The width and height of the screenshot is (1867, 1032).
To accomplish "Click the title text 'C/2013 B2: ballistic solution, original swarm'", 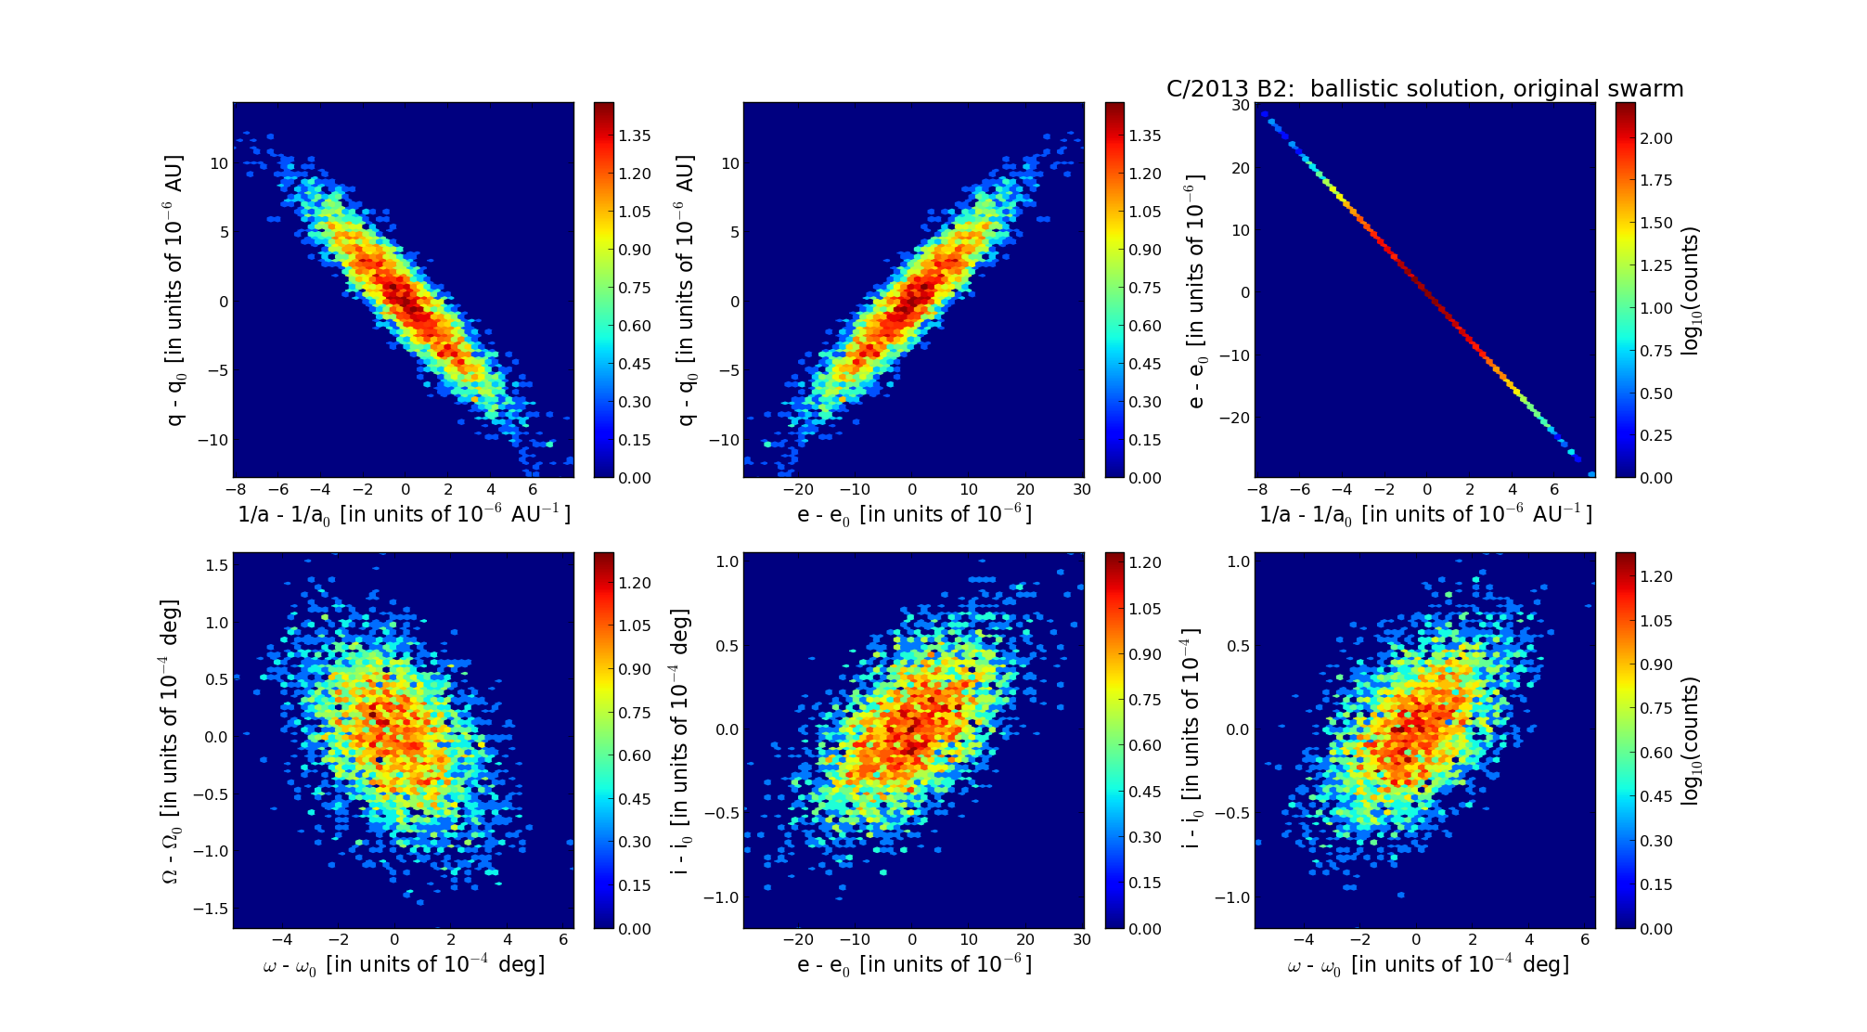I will point(1424,89).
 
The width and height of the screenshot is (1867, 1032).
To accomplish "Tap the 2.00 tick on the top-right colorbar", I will point(1656,138).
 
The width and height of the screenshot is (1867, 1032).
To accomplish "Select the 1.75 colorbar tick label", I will point(1656,180).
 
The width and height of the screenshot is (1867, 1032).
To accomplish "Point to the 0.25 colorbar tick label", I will point(1656,435).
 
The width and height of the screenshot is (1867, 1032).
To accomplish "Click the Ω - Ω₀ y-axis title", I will point(173,741).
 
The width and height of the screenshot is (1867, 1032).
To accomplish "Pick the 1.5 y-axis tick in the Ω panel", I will point(216,565).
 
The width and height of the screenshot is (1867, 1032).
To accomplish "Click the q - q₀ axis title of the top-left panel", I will point(174,290).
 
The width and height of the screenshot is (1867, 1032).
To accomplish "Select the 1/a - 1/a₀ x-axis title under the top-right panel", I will point(1425,514).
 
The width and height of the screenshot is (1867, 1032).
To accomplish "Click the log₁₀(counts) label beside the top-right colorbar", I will point(1691,290).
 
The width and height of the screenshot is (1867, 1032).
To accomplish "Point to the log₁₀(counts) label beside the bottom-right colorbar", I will point(1691,741).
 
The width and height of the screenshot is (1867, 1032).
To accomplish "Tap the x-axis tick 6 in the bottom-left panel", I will point(563,939).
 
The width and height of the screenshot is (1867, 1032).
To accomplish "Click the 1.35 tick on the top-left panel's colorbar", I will point(635,135).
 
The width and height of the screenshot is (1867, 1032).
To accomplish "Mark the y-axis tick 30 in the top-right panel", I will point(1240,105).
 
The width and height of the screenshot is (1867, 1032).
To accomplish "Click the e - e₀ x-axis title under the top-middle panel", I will point(914,514).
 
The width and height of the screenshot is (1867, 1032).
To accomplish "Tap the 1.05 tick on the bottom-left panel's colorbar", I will point(635,626).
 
